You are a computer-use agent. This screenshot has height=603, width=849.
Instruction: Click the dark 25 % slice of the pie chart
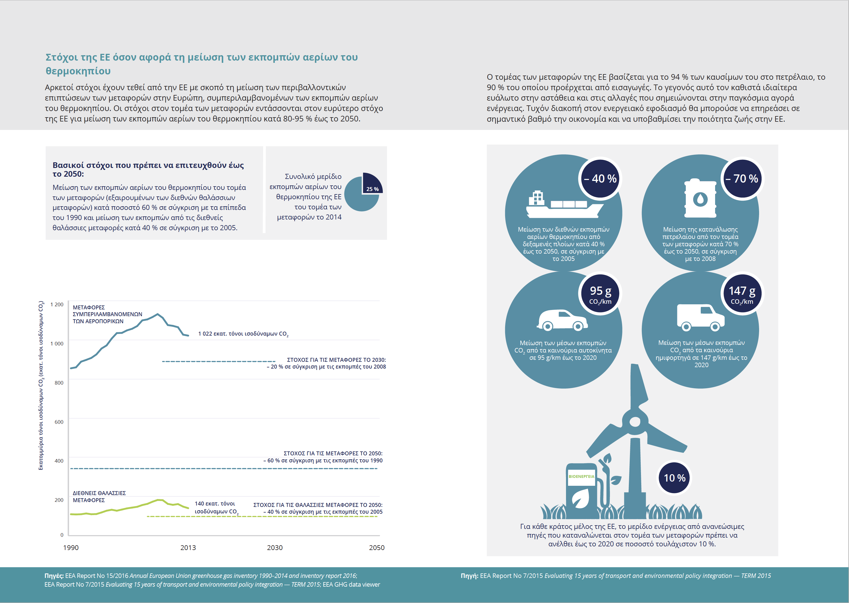pyautogui.click(x=372, y=184)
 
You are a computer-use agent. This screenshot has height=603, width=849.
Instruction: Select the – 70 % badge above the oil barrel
pyautogui.click(x=742, y=179)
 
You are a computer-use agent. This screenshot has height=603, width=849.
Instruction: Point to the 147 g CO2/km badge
pyautogui.click(x=742, y=294)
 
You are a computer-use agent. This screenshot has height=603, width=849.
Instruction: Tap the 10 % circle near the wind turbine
pyautogui.click(x=675, y=478)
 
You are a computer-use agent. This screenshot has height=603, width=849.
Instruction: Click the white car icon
pyautogui.click(x=562, y=320)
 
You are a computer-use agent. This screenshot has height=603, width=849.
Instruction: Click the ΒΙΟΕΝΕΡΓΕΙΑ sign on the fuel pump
pyautogui.click(x=581, y=476)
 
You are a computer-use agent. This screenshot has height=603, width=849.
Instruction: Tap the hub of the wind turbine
pyautogui.click(x=635, y=422)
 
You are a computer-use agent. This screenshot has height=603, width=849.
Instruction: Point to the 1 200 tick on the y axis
pyautogui.click(x=57, y=305)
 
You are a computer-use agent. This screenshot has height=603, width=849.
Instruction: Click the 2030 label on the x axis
pyautogui.click(x=275, y=548)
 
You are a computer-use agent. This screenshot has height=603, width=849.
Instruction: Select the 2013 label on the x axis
pyautogui.click(x=188, y=548)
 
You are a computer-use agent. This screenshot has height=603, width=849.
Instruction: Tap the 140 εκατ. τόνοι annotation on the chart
pyautogui.click(x=216, y=507)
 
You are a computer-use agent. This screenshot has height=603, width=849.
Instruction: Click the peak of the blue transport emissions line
pyautogui.click(x=158, y=314)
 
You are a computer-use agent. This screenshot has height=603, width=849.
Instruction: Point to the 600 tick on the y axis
pyautogui.click(x=59, y=422)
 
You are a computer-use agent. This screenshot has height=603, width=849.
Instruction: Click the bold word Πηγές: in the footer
pyautogui.click(x=54, y=576)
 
